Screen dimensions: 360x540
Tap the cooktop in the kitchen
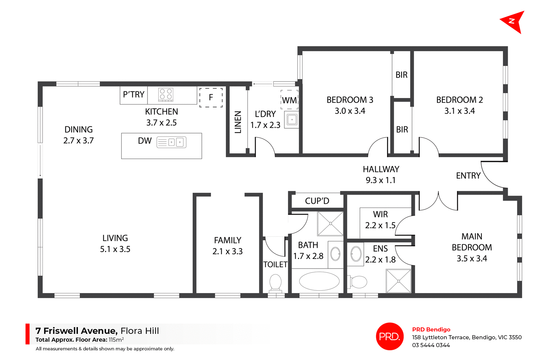click(x=166, y=94)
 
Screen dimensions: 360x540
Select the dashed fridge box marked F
click(x=211, y=98)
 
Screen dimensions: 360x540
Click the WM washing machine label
click(x=289, y=100)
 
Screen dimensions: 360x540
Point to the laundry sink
click(x=292, y=120)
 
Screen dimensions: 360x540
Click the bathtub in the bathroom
click(x=319, y=281)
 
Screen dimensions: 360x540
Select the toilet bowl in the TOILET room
click(x=276, y=282)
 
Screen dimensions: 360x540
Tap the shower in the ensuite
click(x=399, y=281)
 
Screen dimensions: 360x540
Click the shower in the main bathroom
click(x=330, y=224)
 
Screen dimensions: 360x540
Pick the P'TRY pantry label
click(x=134, y=95)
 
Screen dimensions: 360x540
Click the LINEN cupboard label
click(x=238, y=122)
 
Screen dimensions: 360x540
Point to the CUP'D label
click(x=317, y=201)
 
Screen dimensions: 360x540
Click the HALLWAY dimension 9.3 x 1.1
click(x=381, y=180)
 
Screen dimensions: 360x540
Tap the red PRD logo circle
click(x=390, y=336)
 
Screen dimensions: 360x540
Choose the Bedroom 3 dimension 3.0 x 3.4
click(x=350, y=111)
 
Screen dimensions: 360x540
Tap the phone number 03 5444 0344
click(x=431, y=345)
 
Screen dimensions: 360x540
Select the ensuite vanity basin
click(x=356, y=254)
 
